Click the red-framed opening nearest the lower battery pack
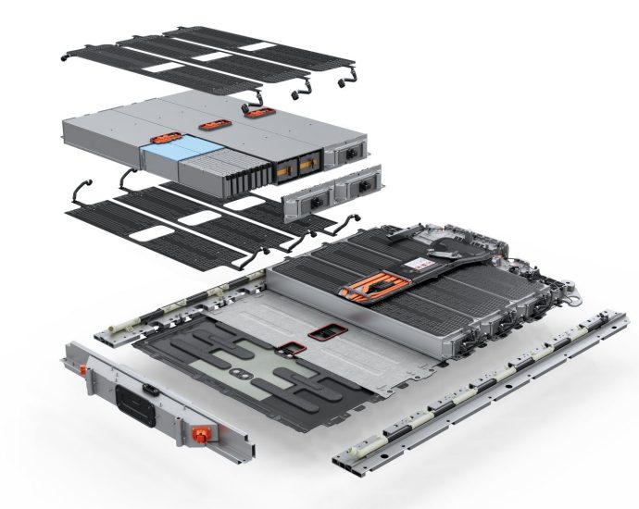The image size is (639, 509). coord(326,330)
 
